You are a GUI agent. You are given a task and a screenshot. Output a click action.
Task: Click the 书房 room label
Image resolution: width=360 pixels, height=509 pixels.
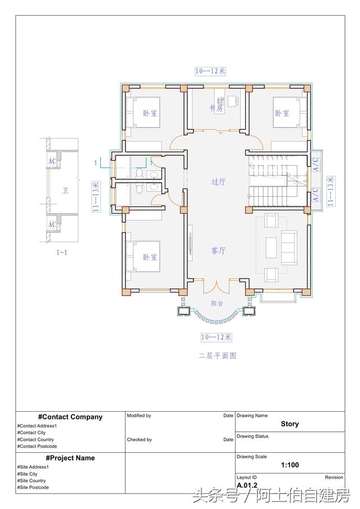click(x=217, y=108)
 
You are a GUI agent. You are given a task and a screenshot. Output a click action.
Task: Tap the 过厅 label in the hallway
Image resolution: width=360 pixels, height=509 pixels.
click(x=218, y=182)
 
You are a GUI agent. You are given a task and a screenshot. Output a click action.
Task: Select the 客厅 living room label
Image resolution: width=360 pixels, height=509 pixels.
click(x=218, y=251)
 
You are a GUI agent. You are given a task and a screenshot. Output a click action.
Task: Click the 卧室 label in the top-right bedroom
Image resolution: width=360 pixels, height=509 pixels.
click(x=282, y=113)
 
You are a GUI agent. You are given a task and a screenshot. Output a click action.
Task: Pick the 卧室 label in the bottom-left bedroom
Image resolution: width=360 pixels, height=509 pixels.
click(x=150, y=257)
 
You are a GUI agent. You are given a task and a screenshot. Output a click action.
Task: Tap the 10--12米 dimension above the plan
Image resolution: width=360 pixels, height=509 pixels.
click(x=210, y=71)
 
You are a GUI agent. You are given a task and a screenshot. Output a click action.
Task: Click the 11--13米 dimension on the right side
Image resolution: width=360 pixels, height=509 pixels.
click(x=331, y=191)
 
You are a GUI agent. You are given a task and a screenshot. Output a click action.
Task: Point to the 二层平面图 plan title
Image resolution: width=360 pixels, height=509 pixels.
click(x=217, y=355)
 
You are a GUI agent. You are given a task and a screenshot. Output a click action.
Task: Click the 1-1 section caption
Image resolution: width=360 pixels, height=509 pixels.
click(x=62, y=253)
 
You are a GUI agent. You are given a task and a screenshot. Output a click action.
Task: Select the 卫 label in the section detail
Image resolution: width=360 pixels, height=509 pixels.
click(x=65, y=191)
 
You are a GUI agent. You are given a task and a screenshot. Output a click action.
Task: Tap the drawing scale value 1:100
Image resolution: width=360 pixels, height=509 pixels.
click(x=290, y=465)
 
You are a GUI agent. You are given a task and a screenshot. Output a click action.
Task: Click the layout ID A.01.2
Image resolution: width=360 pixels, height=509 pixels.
click(x=247, y=485)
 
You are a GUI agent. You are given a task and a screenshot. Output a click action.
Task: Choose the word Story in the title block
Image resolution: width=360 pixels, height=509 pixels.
click(x=290, y=424)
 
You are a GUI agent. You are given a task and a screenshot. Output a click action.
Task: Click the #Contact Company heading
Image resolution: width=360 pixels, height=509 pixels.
click(x=70, y=417)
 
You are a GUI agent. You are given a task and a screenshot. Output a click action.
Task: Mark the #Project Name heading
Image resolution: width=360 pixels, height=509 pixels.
click(x=70, y=458)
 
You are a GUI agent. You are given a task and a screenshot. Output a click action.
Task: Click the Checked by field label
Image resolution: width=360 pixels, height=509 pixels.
click(x=139, y=440)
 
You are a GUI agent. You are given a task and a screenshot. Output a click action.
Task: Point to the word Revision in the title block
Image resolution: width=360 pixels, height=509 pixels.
click(x=334, y=477)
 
